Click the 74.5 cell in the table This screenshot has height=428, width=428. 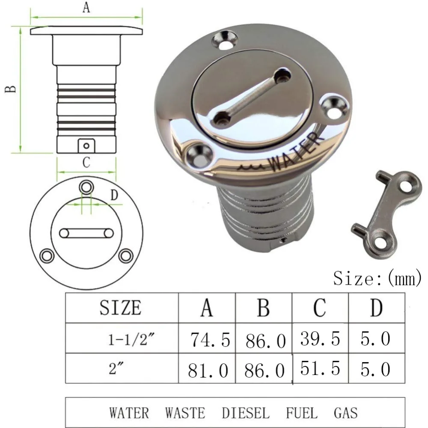(x=210, y=340)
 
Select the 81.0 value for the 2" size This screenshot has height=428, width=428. (x=208, y=370)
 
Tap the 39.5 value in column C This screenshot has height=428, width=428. (x=320, y=339)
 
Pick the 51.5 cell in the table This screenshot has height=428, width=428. (x=320, y=368)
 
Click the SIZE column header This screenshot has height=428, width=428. (x=120, y=308)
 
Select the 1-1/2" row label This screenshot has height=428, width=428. (x=131, y=340)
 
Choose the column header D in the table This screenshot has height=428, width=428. (x=376, y=308)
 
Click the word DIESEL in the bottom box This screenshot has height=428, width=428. (x=246, y=413)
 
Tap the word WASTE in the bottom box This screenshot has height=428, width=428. (x=185, y=413)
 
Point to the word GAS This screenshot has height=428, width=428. (x=345, y=413)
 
